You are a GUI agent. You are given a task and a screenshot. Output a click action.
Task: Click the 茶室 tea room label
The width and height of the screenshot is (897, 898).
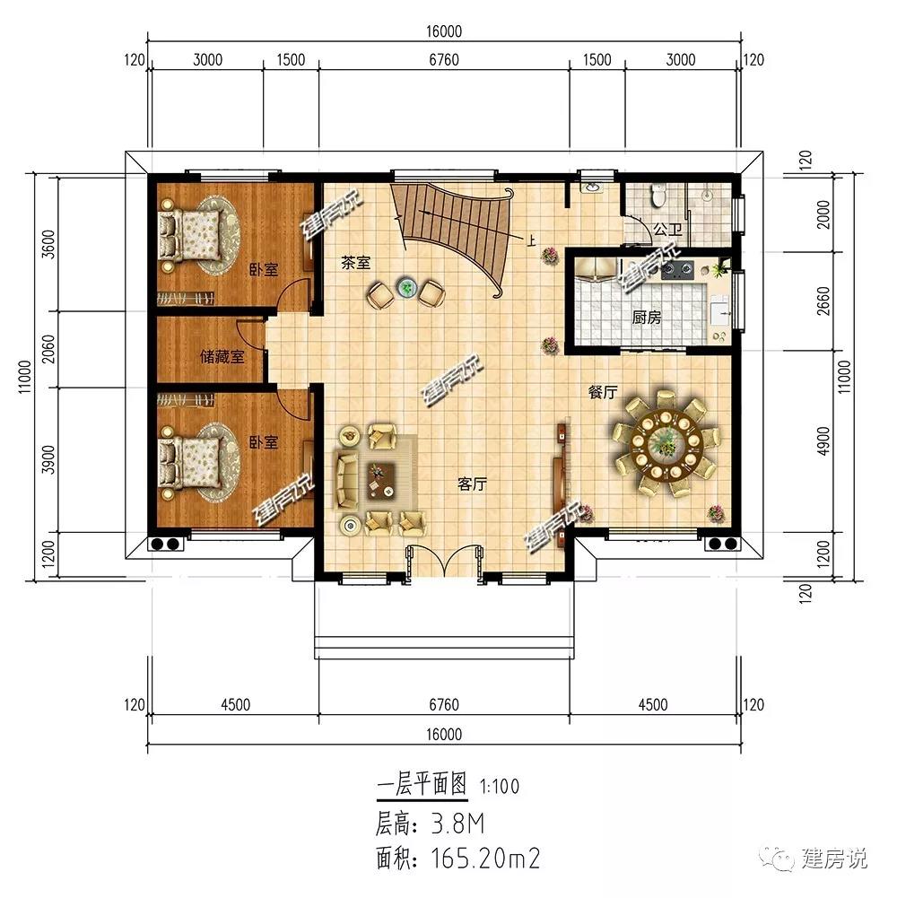pos(355,263)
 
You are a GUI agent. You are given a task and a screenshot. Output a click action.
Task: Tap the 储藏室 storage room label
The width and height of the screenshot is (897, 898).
pos(222,357)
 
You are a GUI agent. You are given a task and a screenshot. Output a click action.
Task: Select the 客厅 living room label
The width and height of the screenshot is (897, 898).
pos(472,484)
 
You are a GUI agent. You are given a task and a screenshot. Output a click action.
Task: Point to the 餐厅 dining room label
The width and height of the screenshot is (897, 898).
pos(602,392)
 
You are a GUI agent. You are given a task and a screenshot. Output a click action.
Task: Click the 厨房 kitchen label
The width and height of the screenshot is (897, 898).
pos(647,318)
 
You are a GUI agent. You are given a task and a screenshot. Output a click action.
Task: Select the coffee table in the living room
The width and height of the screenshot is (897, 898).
pos(380,477)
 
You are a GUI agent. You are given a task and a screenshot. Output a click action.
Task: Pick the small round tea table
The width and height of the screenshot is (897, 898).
pos(408,289)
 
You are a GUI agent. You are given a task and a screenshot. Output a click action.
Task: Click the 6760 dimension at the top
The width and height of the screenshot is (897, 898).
pos(444,60)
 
